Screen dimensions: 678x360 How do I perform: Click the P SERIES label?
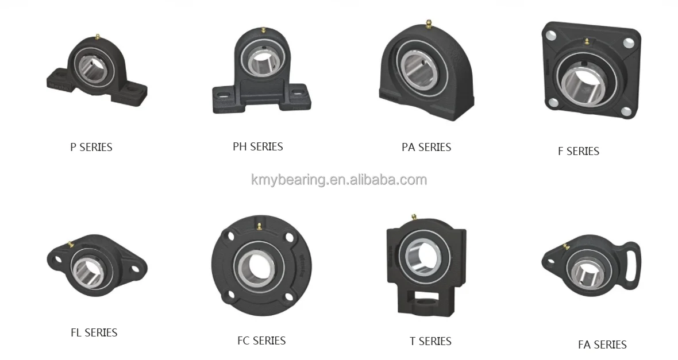[x=91, y=147]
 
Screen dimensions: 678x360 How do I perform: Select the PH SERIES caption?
[x=258, y=146]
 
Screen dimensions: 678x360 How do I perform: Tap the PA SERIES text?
[x=426, y=147]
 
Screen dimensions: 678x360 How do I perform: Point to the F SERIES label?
[x=579, y=151]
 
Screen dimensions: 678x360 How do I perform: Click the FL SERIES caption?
[x=94, y=332]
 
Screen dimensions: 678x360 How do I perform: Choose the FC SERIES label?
[x=261, y=340]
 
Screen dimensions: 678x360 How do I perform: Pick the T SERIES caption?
[x=430, y=341]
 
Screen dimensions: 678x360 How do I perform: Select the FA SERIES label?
[x=602, y=344]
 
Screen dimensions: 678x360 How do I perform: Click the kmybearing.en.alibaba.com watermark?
[x=339, y=180]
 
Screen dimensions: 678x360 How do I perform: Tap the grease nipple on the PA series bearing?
[x=428, y=24]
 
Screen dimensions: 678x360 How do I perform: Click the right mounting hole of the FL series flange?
[x=136, y=268]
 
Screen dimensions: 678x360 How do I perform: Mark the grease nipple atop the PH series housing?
[x=262, y=29]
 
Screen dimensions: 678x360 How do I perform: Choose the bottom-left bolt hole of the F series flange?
[x=553, y=103]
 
